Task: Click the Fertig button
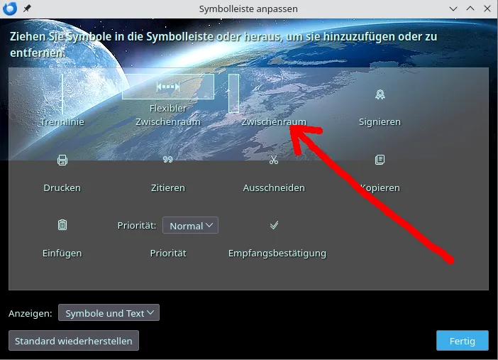[x=462, y=341]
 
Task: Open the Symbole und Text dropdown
[x=109, y=312]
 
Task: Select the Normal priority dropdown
[x=190, y=225]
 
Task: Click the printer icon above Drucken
[x=62, y=160]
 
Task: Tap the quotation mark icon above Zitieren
[x=167, y=159]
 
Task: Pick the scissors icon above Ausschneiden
[x=273, y=160]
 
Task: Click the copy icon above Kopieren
[x=380, y=160]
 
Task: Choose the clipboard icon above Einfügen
[x=62, y=225]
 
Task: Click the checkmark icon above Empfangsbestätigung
[x=274, y=225]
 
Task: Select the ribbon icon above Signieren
[x=380, y=94]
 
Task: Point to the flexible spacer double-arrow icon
[x=168, y=87]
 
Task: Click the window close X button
[x=487, y=9]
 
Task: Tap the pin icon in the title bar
[x=27, y=9]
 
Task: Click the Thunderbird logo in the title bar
[x=10, y=9]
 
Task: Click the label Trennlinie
[x=62, y=122]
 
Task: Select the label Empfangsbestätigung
[x=277, y=253]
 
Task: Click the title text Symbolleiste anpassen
[x=248, y=9]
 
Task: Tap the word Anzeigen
[x=31, y=314]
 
